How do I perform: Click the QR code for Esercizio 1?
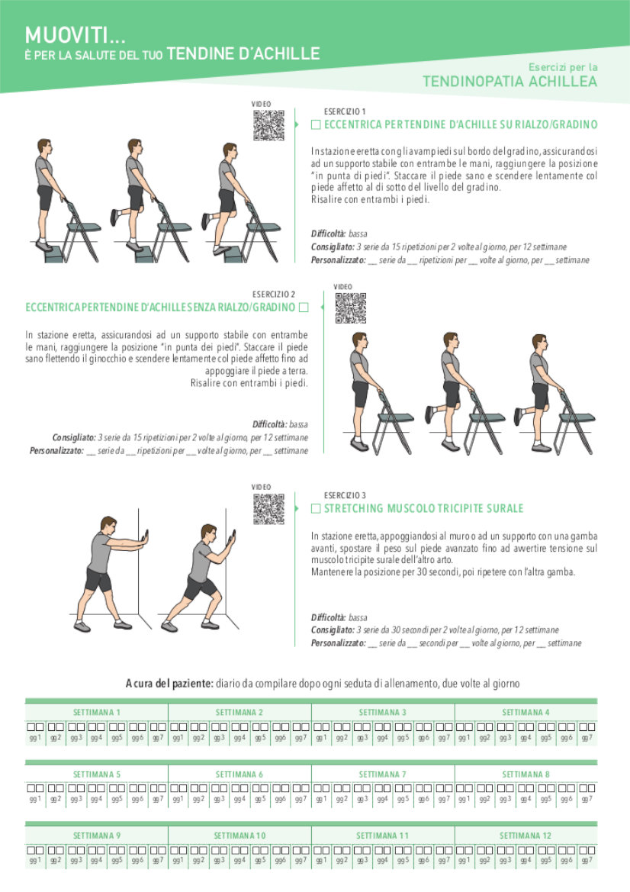tap(268, 125)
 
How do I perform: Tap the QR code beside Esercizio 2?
tap(350, 308)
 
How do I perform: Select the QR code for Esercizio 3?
tap(268, 509)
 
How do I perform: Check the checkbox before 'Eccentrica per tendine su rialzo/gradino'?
tap(316, 124)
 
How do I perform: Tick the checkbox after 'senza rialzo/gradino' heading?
tap(304, 308)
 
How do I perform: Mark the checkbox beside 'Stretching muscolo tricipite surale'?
tap(316, 509)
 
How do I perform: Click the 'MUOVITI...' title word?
tap(75, 35)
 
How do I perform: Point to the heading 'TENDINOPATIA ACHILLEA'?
tap(509, 82)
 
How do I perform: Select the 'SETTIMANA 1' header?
tap(97, 712)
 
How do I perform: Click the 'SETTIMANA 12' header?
tap(526, 836)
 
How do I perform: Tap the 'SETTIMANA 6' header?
tap(239, 774)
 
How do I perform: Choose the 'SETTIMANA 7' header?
tap(383, 774)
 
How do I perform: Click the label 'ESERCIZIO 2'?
tap(274, 294)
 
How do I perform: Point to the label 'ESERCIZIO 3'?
tap(346, 495)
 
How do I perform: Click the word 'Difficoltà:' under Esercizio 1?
tap(329, 233)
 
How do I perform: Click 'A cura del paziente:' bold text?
tap(169, 683)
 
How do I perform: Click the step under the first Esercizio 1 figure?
tap(54, 254)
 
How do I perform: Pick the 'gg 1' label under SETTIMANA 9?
tap(35, 861)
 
